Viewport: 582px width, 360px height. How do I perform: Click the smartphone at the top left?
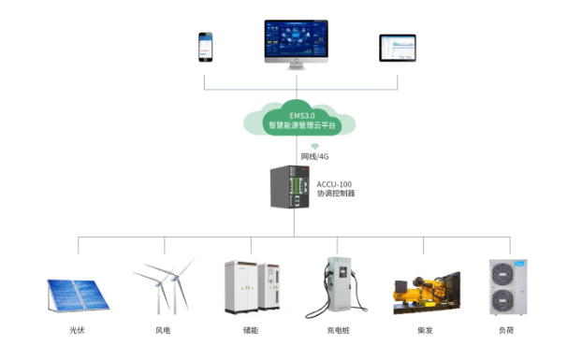pyautogui.click(x=205, y=48)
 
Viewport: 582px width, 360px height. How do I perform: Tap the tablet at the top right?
pyautogui.click(x=397, y=48)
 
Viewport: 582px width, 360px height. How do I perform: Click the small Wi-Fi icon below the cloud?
pyautogui.click(x=314, y=147)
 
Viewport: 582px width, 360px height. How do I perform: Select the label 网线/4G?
pyautogui.click(x=314, y=157)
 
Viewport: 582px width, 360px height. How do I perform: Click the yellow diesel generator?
pyautogui.click(x=426, y=292)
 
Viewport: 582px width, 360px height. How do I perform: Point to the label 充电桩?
pyautogui.click(x=340, y=330)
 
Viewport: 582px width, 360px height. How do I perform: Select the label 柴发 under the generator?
pyautogui.click(x=426, y=330)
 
